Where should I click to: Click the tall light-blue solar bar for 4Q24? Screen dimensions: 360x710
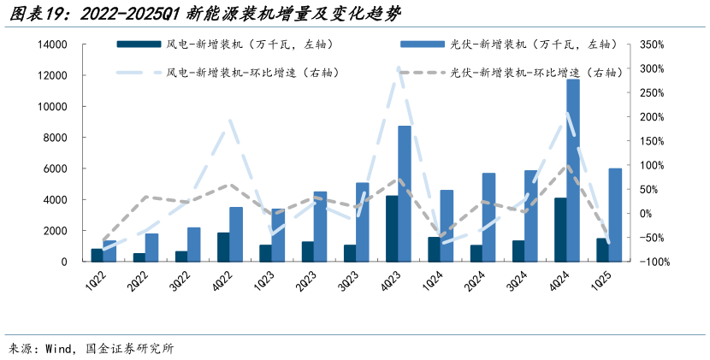[572, 171]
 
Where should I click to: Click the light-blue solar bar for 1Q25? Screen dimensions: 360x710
[615, 215]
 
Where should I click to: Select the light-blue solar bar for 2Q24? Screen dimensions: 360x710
[488, 217]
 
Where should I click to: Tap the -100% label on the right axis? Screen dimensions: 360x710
[652, 263]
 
